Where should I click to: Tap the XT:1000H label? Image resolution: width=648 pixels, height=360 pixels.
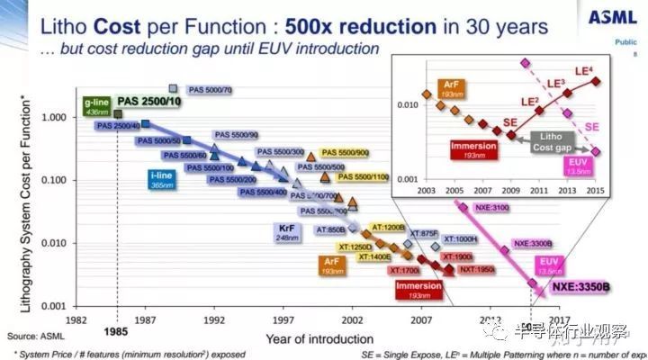pos(463,238)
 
